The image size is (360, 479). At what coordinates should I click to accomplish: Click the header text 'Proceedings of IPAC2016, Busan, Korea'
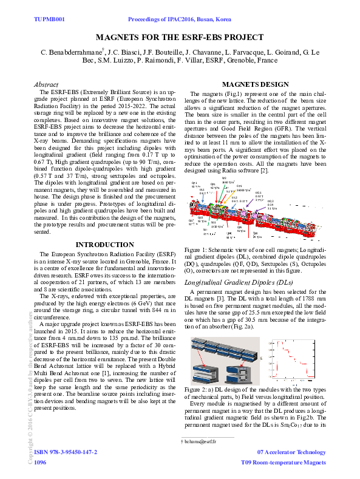pyautogui.click(x=180, y=20)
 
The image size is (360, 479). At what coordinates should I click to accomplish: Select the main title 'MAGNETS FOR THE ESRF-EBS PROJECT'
pyautogui.click(x=180, y=38)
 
